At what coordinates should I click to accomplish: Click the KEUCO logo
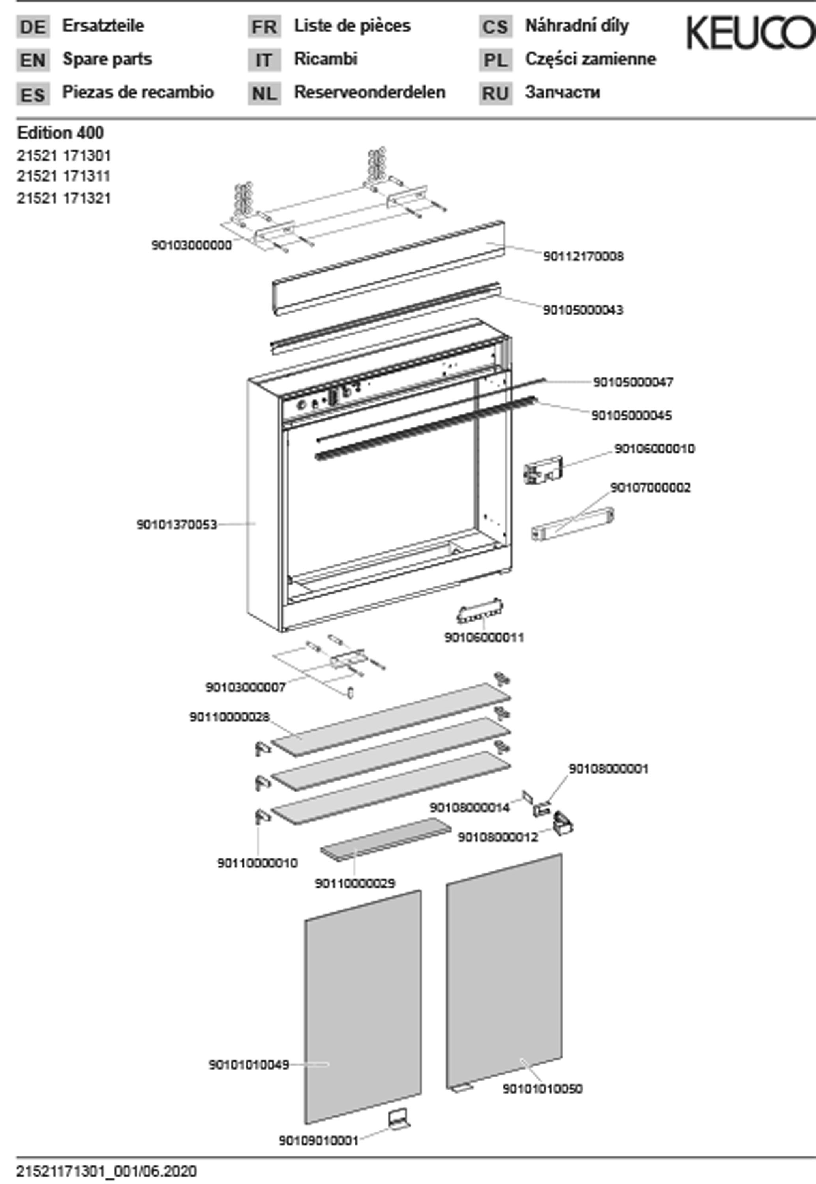(x=750, y=33)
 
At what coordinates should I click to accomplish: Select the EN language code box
(x=33, y=60)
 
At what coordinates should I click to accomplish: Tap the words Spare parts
(x=107, y=59)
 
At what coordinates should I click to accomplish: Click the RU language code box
(x=495, y=94)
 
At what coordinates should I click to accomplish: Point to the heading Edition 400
(x=60, y=133)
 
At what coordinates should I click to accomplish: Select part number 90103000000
(x=191, y=245)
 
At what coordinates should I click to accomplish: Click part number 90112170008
(x=583, y=256)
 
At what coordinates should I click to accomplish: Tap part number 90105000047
(x=633, y=382)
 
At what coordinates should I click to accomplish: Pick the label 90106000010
(x=655, y=448)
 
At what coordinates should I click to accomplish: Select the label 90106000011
(x=484, y=637)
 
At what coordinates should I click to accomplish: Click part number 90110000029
(x=355, y=883)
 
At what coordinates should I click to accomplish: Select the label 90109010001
(x=319, y=1141)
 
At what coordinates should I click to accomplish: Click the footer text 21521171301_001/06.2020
(x=106, y=1171)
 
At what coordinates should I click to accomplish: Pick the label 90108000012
(x=497, y=837)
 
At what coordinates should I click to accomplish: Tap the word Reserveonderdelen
(x=370, y=92)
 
